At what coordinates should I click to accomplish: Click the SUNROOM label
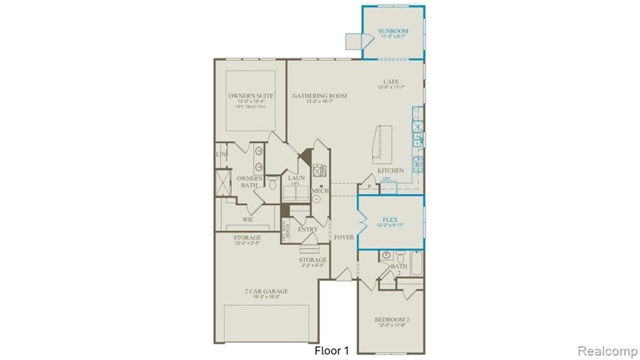pyautogui.click(x=393, y=31)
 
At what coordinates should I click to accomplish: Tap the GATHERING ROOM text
pyautogui.click(x=319, y=96)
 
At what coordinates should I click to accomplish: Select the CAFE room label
pyautogui.click(x=391, y=82)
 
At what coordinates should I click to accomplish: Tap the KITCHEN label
pyautogui.click(x=390, y=170)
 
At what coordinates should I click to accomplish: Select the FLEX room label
pyautogui.click(x=390, y=220)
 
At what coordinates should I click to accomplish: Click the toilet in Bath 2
pyautogui.click(x=386, y=256)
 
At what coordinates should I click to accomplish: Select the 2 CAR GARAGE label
pyautogui.click(x=266, y=291)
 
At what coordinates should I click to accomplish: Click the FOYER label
pyautogui.click(x=344, y=237)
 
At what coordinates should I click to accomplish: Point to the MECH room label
pyautogui.click(x=321, y=191)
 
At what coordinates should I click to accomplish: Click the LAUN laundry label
pyautogui.click(x=296, y=178)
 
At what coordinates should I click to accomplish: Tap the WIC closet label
pyautogui.click(x=248, y=219)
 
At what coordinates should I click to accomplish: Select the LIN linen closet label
pyautogui.click(x=221, y=154)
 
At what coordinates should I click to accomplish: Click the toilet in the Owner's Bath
pyautogui.click(x=272, y=184)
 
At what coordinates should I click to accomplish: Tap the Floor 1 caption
pyautogui.click(x=331, y=351)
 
